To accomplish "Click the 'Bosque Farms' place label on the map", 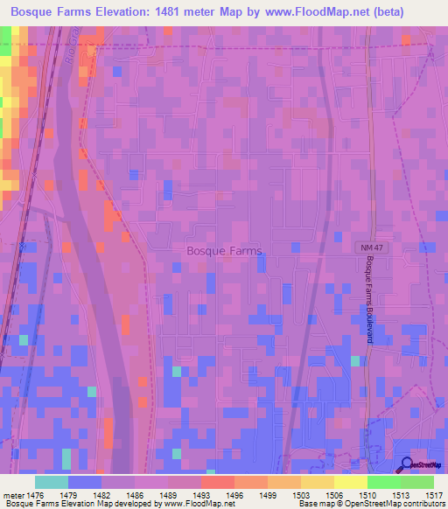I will click(x=224, y=250).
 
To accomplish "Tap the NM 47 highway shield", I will click(x=371, y=248).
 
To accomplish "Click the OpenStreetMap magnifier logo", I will click(x=408, y=464).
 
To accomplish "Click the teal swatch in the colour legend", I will click(x=52, y=482).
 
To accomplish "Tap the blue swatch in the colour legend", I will click(x=85, y=482).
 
